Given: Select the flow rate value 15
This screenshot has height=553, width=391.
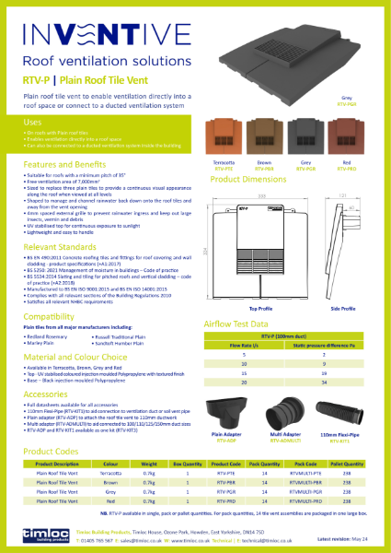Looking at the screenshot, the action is click(244, 371).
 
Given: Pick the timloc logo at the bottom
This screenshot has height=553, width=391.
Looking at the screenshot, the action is click(42, 534).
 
